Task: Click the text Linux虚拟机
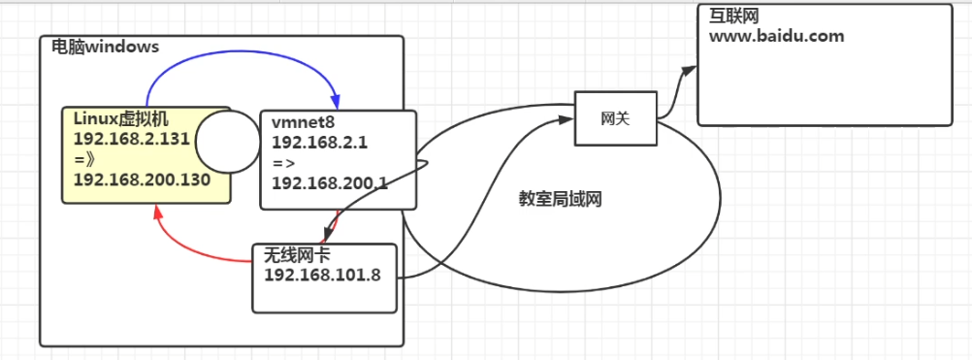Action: pyautogui.click(x=121, y=117)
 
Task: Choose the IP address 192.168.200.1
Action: pyautogui.click(x=331, y=181)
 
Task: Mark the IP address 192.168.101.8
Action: pyautogui.click(x=322, y=274)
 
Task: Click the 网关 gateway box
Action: pyautogui.click(x=615, y=118)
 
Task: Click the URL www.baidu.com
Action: pyautogui.click(x=776, y=37)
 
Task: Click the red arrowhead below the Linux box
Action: pyautogui.click(x=158, y=211)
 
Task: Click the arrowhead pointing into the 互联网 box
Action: pyautogui.click(x=691, y=70)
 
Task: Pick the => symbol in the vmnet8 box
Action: pyautogui.click(x=282, y=162)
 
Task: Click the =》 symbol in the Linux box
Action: pyautogui.click(x=83, y=160)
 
